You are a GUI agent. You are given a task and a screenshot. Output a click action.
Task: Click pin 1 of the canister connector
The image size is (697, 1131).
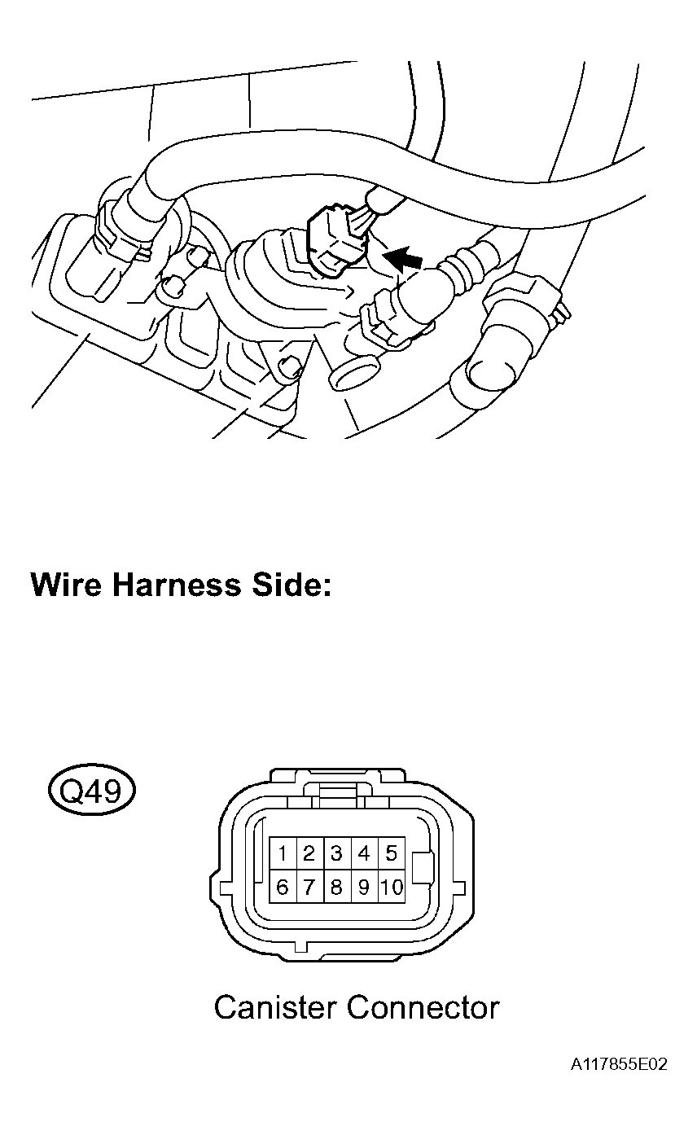(x=282, y=854)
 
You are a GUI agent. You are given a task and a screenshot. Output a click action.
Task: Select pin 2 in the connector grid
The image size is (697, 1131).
(x=309, y=854)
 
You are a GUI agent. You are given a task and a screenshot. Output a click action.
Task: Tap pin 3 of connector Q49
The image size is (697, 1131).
(x=336, y=854)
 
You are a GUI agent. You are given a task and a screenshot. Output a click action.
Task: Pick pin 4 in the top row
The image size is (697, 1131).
(x=364, y=854)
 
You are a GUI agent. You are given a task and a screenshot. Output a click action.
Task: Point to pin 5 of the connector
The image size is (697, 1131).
(x=392, y=854)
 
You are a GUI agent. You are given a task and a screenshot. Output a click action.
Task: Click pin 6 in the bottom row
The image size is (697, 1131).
(x=282, y=888)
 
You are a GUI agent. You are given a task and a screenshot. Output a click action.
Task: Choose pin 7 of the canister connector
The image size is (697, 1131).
(x=309, y=888)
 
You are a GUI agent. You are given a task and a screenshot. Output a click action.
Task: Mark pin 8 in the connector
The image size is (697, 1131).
(x=336, y=888)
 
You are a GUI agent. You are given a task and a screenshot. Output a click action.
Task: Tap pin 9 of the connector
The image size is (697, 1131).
(x=364, y=888)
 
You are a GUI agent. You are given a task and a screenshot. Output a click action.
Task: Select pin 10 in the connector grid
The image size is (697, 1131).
(x=392, y=888)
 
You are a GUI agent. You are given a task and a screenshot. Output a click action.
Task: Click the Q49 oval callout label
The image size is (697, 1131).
(x=92, y=790)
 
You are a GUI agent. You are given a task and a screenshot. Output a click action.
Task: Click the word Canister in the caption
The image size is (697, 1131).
(x=275, y=1008)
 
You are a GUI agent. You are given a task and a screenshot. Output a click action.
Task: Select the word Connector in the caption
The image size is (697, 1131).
(x=423, y=1008)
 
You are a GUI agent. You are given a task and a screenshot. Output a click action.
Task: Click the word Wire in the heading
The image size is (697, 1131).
(x=65, y=585)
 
